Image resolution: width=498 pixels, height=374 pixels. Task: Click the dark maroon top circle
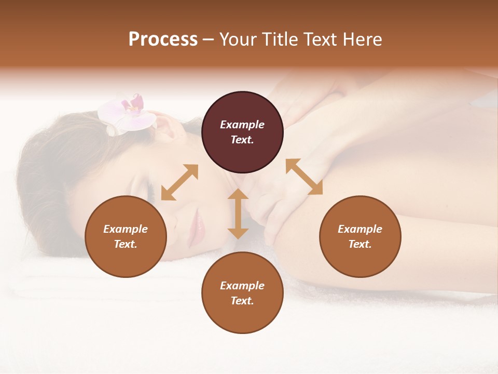(242, 132)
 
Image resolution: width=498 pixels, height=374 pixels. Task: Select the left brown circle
(126, 236)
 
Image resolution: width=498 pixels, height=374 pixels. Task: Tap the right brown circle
(360, 236)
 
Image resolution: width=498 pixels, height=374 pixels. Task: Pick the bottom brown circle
(242, 293)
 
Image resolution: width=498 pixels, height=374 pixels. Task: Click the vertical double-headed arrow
(238, 213)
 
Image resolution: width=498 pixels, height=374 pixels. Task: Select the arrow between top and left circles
(179, 182)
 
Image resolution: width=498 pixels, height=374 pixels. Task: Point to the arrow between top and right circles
(305, 177)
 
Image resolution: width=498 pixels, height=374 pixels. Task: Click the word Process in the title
(163, 39)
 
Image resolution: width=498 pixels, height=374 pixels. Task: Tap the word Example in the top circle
(242, 125)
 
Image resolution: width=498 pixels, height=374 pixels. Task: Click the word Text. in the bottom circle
(242, 301)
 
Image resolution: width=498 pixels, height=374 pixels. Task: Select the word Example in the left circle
(126, 229)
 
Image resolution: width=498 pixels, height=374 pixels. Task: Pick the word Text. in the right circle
(360, 244)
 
